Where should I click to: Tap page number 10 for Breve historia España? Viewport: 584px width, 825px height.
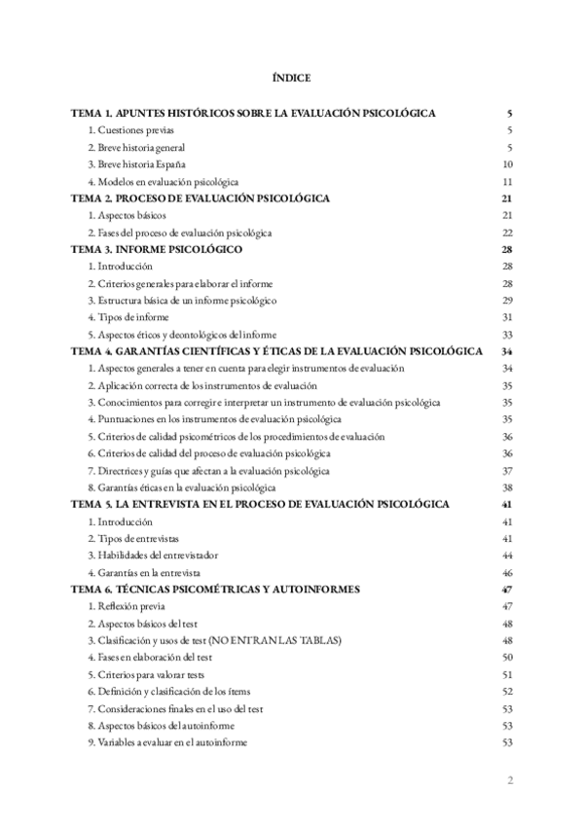(507, 164)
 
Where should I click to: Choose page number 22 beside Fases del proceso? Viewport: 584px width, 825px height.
(507, 233)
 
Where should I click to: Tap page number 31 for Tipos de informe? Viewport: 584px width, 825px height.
(507, 317)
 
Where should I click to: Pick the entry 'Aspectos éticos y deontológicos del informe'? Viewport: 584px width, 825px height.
(182, 335)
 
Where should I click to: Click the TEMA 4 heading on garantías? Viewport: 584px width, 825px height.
(278, 351)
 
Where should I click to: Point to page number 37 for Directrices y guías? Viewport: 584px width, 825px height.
(507, 470)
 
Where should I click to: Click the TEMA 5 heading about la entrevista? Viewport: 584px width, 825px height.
(261, 504)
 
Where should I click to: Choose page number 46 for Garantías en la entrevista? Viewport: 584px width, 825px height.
(507, 572)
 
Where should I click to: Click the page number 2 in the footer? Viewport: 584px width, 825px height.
(510, 780)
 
